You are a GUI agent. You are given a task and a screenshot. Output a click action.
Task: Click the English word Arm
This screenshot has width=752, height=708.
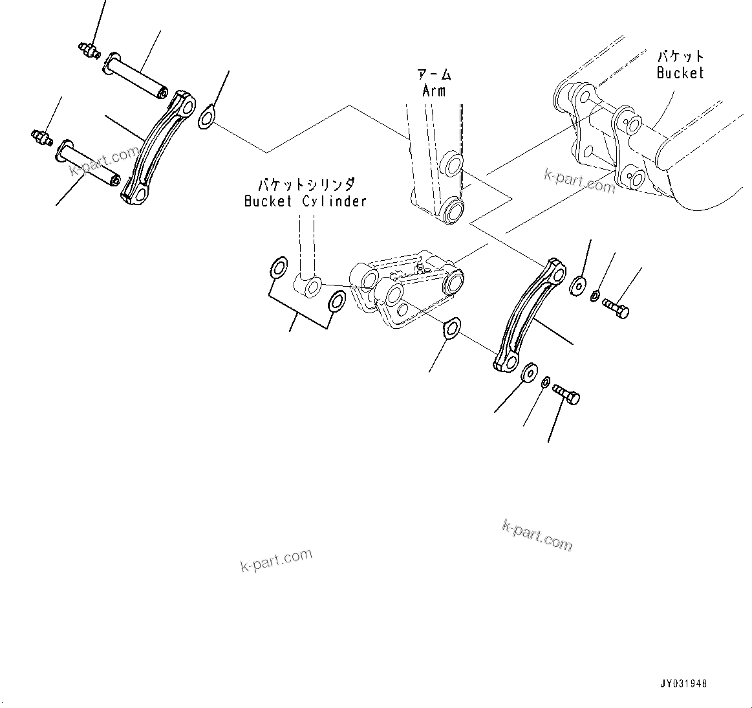[x=433, y=91]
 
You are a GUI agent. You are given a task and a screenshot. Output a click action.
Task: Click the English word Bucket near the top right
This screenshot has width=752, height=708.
[x=680, y=73]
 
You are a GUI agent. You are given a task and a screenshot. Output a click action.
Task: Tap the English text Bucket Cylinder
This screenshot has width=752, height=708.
[x=305, y=201]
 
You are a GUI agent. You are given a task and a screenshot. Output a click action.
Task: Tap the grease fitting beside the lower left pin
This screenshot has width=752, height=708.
[x=40, y=137]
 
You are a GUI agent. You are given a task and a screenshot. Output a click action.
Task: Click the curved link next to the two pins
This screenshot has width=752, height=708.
[x=158, y=149]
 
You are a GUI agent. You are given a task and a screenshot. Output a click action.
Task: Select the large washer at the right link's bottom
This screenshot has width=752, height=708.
[x=530, y=373]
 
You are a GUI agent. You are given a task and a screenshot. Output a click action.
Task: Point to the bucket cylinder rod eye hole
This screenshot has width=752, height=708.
[x=313, y=287]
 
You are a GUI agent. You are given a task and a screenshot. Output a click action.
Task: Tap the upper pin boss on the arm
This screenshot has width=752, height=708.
[x=451, y=164]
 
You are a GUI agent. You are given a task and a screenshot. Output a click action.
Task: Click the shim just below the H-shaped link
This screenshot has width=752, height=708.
[x=451, y=327]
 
